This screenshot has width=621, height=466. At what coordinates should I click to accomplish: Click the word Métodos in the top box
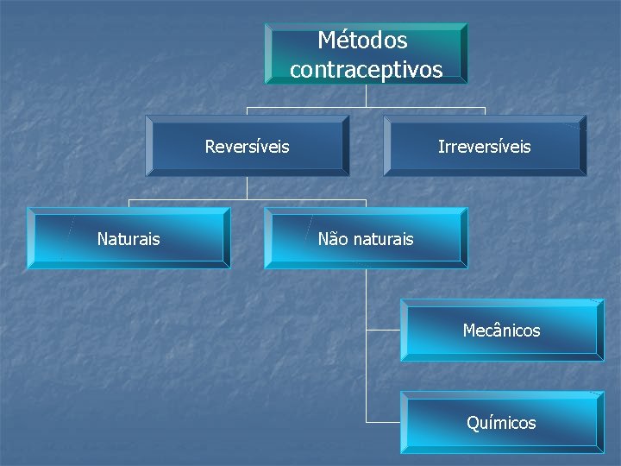point(362,41)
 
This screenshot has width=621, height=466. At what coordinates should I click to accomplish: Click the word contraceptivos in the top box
point(366,70)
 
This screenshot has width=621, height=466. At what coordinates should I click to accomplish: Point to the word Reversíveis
point(247,147)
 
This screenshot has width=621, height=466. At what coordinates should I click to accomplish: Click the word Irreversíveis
point(484,147)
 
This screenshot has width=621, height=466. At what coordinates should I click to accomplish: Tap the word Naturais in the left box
point(129,239)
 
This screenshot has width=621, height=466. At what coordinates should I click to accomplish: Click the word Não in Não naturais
point(333,239)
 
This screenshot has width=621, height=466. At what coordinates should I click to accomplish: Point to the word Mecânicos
point(501,331)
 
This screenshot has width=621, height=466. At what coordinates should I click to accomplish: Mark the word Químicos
point(501,423)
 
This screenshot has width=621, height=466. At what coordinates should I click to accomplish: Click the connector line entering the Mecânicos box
point(383,330)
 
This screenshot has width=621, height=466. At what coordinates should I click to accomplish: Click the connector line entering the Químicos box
point(383,422)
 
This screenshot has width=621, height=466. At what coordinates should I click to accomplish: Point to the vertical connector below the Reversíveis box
point(247,188)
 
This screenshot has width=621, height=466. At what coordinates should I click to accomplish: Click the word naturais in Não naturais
point(382,239)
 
